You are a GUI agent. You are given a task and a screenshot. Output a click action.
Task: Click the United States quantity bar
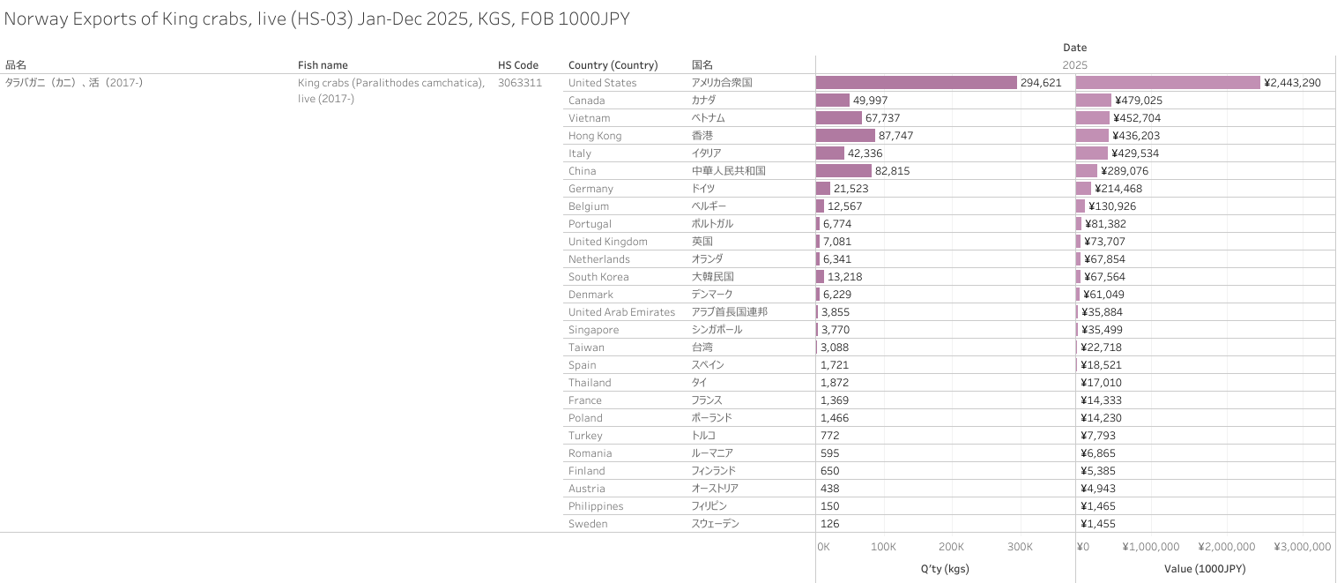click(x=916, y=83)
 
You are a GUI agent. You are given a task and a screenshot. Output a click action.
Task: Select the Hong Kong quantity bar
click(x=845, y=136)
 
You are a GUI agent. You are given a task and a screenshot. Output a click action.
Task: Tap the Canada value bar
click(x=1094, y=101)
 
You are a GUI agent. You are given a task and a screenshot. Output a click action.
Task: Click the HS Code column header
click(x=518, y=65)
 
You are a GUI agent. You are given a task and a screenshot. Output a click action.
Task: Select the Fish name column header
click(x=323, y=65)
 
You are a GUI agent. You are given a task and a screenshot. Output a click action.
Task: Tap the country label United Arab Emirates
click(x=621, y=312)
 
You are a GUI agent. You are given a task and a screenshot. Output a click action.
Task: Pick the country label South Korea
click(x=598, y=277)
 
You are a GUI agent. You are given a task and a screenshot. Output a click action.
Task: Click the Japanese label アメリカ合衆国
click(x=722, y=83)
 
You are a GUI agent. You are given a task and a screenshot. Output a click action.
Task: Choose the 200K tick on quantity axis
click(x=951, y=547)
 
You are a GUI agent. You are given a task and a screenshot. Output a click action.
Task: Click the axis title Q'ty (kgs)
click(x=945, y=569)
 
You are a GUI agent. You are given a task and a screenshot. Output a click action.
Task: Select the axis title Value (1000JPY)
click(x=1205, y=569)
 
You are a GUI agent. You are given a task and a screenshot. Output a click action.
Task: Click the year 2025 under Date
click(x=1074, y=65)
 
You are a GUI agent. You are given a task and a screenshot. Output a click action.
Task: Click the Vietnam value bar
click(x=1093, y=118)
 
